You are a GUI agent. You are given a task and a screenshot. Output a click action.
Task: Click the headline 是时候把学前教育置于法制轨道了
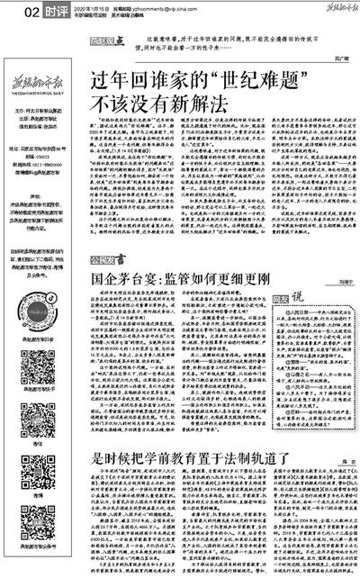point(184,457)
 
